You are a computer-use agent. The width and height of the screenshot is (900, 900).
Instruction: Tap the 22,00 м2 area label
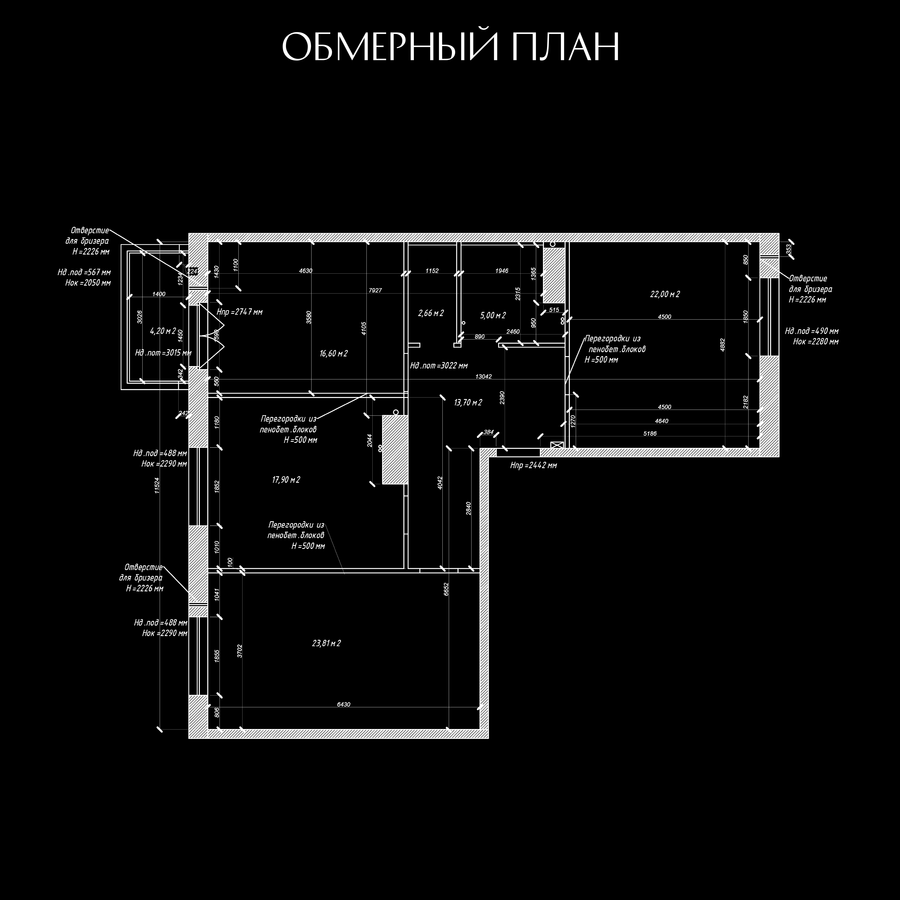[x=665, y=294]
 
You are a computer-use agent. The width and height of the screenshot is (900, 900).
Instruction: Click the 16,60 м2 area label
[x=334, y=354]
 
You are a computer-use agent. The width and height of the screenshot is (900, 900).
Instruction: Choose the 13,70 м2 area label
[x=468, y=402]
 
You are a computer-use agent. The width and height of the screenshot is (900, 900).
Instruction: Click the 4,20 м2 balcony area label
[x=163, y=331]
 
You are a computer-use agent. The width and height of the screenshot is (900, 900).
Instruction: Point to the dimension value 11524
[x=157, y=486]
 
